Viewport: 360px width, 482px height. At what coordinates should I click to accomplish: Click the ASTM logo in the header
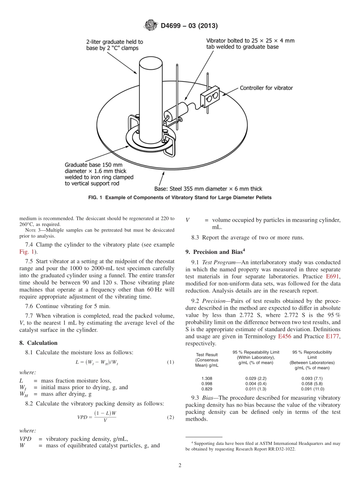click(151, 26)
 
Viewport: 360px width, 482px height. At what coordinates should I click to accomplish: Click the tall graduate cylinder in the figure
click(150, 99)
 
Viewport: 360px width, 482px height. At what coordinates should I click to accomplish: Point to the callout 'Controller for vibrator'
click(266, 88)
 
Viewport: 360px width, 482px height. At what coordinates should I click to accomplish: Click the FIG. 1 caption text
click(180, 197)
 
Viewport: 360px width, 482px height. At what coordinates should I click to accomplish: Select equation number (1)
click(170, 362)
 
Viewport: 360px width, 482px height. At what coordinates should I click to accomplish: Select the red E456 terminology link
click(285, 336)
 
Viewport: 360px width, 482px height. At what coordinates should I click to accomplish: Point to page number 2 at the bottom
click(180, 466)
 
